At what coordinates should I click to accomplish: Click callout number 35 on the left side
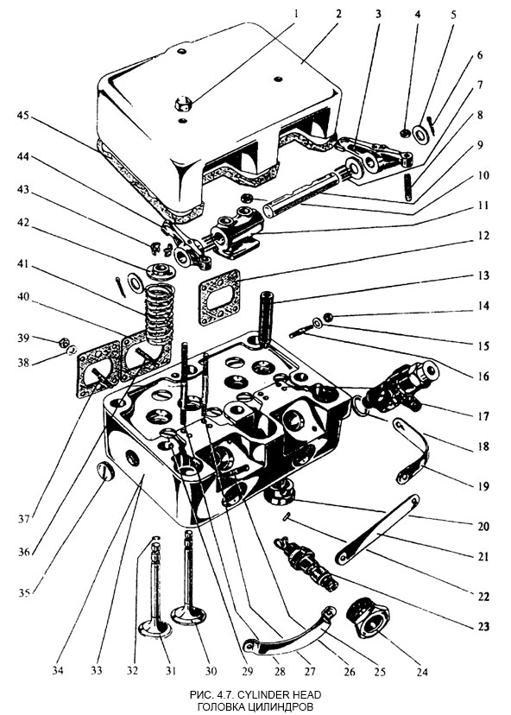(x=23, y=592)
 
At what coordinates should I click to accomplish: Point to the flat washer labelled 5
(x=423, y=132)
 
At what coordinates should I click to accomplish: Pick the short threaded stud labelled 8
(x=407, y=187)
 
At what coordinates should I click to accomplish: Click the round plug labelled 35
(x=105, y=471)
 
